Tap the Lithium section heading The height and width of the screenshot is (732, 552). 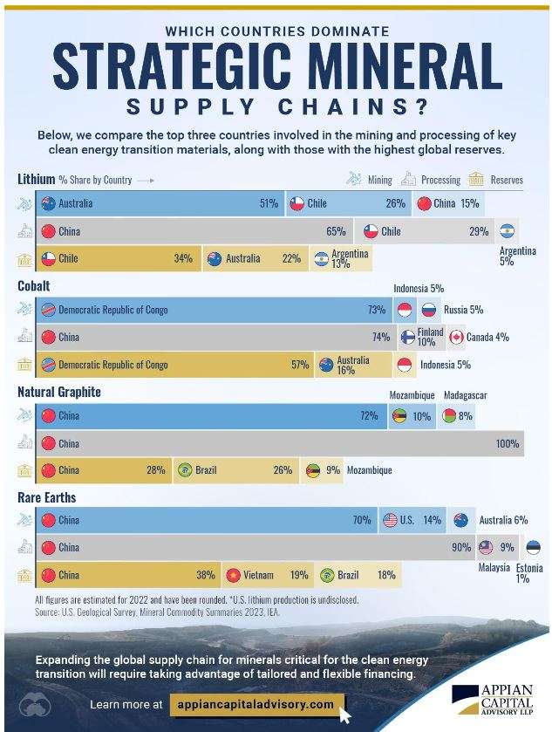click(x=37, y=179)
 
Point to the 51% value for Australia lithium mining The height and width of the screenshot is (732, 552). click(x=269, y=204)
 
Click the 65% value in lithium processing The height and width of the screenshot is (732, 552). click(x=336, y=231)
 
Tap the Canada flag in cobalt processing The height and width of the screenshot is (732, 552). click(x=457, y=337)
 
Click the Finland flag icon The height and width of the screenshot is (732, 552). click(x=407, y=337)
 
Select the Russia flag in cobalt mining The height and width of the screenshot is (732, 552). click(x=428, y=310)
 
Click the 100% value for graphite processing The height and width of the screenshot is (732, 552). click(x=508, y=443)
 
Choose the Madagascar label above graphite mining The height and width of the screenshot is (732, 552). click(x=465, y=396)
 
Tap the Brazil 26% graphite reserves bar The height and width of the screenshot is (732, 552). click(x=235, y=470)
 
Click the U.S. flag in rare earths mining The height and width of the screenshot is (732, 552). click(x=391, y=520)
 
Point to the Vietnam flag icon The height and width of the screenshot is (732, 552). click(x=233, y=575)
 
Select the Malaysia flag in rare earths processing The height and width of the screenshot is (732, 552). click(x=486, y=548)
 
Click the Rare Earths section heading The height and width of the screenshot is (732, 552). click(x=46, y=497)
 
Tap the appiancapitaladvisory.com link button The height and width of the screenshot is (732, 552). click(x=254, y=703)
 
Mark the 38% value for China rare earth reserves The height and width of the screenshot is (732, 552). click(x=206, y=575)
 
